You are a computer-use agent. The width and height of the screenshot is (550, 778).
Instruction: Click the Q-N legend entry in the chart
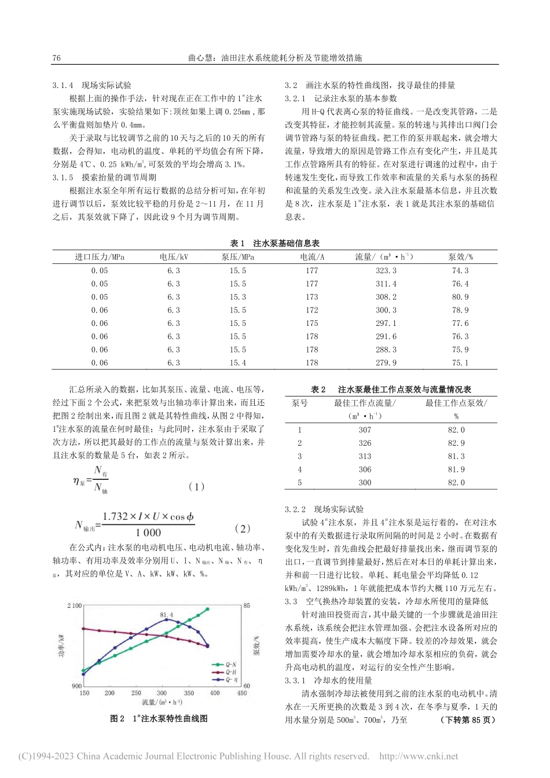(x=222, y=665)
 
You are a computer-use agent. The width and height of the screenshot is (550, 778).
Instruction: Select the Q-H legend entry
(x=222, y=671)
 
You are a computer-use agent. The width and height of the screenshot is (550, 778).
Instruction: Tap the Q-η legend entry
(x=222, y=678)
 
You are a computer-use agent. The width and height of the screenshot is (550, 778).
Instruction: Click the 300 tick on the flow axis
(x=162, y=693)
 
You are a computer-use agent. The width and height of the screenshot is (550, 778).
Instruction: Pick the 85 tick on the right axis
(x=247, y=605)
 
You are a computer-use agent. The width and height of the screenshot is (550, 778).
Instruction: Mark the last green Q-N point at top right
(x=208, y=609)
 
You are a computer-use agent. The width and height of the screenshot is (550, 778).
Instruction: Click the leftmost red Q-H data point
(x=84, y=628)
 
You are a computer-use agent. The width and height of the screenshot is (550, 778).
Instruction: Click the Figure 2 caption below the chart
(x=159, y=718)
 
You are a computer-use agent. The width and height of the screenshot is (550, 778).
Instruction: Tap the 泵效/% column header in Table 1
(x=460, y=257)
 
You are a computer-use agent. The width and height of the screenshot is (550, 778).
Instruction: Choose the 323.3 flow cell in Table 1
(x=386, y=270)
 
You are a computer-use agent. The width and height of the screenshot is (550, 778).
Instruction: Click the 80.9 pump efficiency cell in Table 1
(x=460, y=297)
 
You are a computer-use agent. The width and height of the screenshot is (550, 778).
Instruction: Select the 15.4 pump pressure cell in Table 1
(x=237, y=363)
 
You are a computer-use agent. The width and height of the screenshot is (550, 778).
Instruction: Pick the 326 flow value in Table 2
(x=365, y=443)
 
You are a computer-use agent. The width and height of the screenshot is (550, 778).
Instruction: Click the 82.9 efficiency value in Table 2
(x=456, y=443)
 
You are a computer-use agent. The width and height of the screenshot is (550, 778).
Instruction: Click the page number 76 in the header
(x=57, y=58)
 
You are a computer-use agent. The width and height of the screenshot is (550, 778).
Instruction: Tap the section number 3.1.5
(x=63, y=178)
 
